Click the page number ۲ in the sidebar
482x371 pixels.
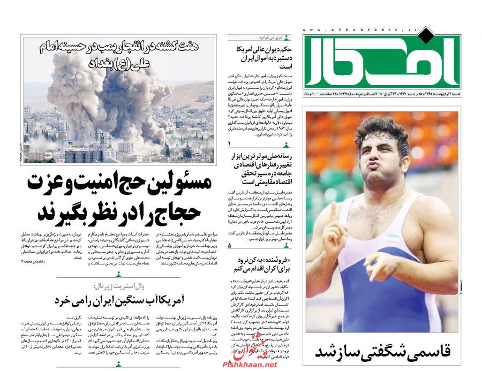click(229, 143)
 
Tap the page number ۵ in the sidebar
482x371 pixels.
click(229, 245)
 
